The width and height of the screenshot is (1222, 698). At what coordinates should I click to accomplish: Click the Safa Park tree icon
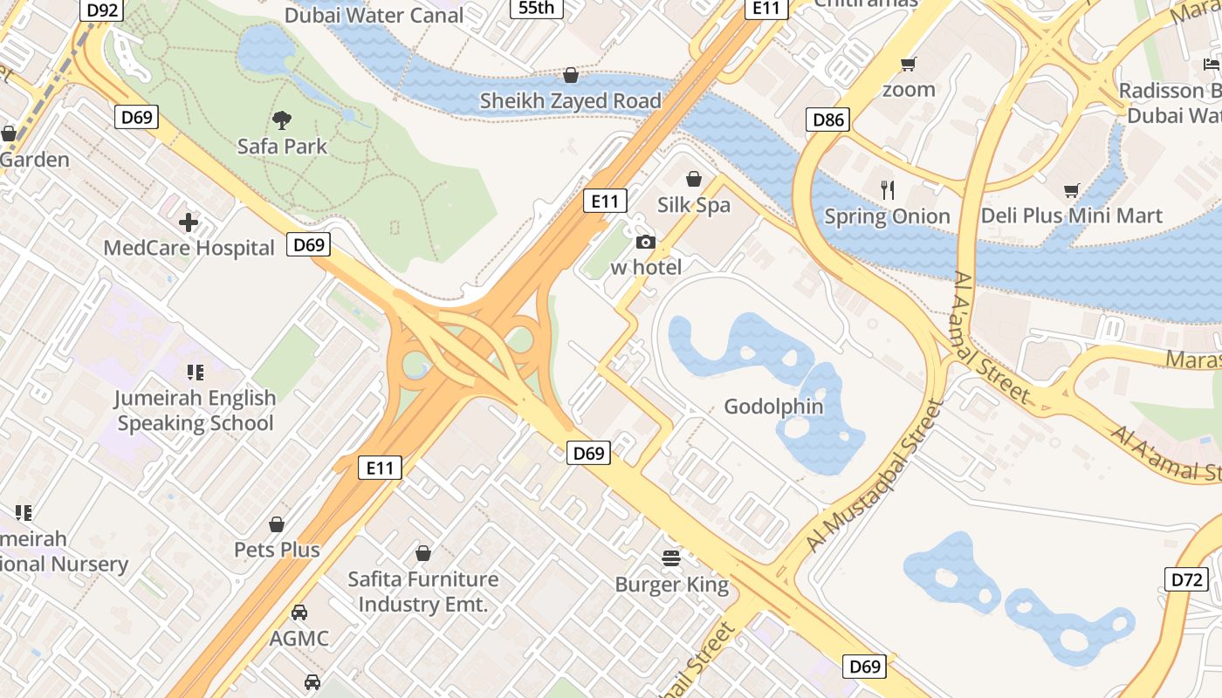(282, 120)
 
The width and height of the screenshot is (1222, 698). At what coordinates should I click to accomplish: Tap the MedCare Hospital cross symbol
(189, 222)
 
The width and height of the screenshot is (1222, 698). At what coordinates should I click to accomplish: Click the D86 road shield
(827, 120)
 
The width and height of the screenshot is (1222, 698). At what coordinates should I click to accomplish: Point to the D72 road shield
(1186, 578)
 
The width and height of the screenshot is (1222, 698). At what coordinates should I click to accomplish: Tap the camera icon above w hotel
(646, 243)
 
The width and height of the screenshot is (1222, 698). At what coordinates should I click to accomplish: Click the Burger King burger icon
(671, 558)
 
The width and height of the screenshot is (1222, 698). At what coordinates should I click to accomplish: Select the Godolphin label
(773, 406)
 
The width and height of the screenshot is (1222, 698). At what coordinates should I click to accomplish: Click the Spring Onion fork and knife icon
(888, 190)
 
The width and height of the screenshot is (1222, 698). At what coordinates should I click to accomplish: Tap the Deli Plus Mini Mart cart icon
(1072, 190)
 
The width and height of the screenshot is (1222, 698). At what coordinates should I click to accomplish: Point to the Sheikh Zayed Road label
(571, 101)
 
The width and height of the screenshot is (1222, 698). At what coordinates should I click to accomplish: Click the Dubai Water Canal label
(375, 15)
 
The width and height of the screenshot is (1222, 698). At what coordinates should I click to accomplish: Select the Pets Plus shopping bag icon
(277, 524)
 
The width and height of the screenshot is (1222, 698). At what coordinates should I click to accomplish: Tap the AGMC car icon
(299, 612)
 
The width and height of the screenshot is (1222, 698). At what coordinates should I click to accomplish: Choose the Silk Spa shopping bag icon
(694, 179)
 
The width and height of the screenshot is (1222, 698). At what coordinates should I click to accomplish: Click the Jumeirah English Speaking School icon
(196, 373)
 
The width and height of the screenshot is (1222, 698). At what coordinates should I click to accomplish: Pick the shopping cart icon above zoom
(909, 64)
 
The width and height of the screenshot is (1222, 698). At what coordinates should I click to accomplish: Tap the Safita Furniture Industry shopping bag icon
(423, 553)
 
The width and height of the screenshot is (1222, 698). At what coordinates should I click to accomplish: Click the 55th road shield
(536, 8)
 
